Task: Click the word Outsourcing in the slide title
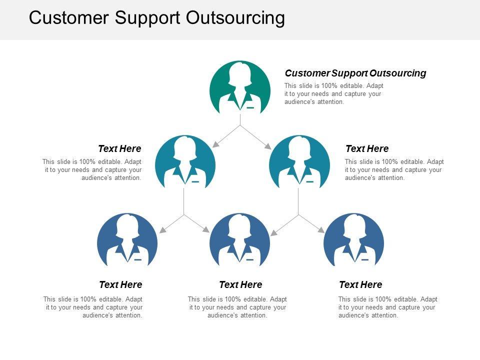click(235, 18)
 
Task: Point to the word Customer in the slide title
click(69, 18)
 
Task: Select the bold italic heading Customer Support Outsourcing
click(355, 73)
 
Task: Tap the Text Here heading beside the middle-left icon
click(119, 148)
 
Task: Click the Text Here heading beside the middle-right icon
click(367, 148)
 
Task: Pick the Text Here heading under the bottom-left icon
click(120, 284)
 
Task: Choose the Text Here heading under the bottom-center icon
click(240, 284)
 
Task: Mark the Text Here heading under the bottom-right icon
click(360, 284)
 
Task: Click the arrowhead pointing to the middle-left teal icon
click(215, 144)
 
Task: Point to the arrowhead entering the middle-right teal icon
click(267, 146)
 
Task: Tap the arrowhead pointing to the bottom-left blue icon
click(161, 231)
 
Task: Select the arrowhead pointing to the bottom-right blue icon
click(321, 230)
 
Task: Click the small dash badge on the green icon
click(250, 107)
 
